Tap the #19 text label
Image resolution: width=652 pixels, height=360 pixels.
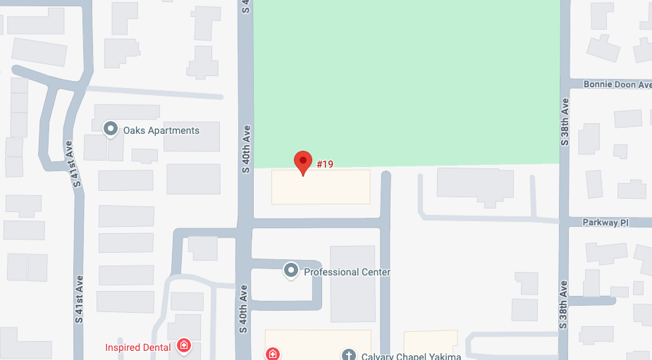tap(325, 164)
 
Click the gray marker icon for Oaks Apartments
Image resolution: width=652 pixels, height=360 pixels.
tap(110, 129)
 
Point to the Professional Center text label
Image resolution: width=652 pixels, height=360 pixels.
tap(347, 272)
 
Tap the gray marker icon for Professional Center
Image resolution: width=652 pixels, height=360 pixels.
tap(290, 270)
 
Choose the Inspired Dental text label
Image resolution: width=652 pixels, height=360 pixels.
tap(138, 347)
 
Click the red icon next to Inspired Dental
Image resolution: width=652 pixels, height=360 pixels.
tap(184, 345)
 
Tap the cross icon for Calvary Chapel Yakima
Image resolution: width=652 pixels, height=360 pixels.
tap(348, 354)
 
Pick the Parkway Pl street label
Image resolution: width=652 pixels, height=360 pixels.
tap(605, 223)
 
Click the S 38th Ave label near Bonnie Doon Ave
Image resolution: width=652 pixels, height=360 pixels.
tap(564, 121)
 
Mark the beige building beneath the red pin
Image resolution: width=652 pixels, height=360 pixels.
tap(321, 187)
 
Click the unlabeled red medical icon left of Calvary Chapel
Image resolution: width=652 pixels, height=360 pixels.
tap(273, 354)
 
